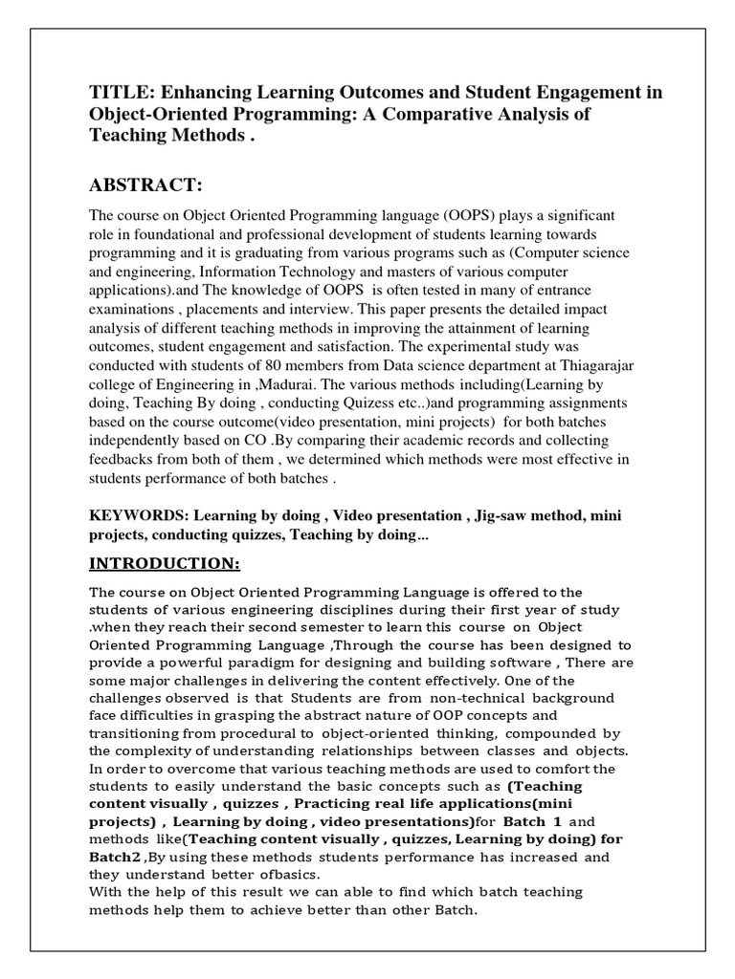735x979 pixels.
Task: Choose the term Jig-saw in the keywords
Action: pos(501,516)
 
